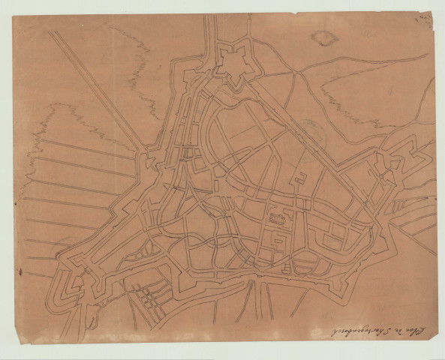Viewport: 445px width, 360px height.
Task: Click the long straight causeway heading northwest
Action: pyautogui.click(x=98, y=90)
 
